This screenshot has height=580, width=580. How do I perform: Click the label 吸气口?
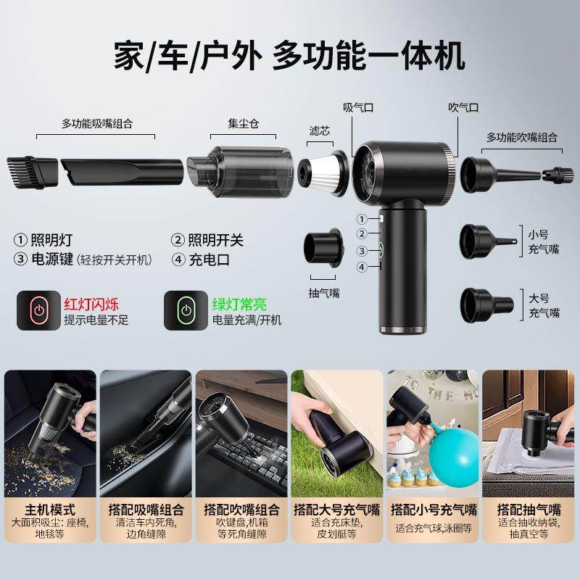(357, 107)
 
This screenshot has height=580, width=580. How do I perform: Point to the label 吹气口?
(463, 107)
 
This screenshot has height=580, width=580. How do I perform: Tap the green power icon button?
(186, 310)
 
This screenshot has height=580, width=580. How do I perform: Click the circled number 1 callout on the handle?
(360, 218)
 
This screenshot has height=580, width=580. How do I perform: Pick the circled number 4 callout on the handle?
(360, 268)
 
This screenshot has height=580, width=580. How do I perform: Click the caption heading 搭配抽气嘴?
(526, 509)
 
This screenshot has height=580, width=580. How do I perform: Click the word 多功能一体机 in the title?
(367, 56)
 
